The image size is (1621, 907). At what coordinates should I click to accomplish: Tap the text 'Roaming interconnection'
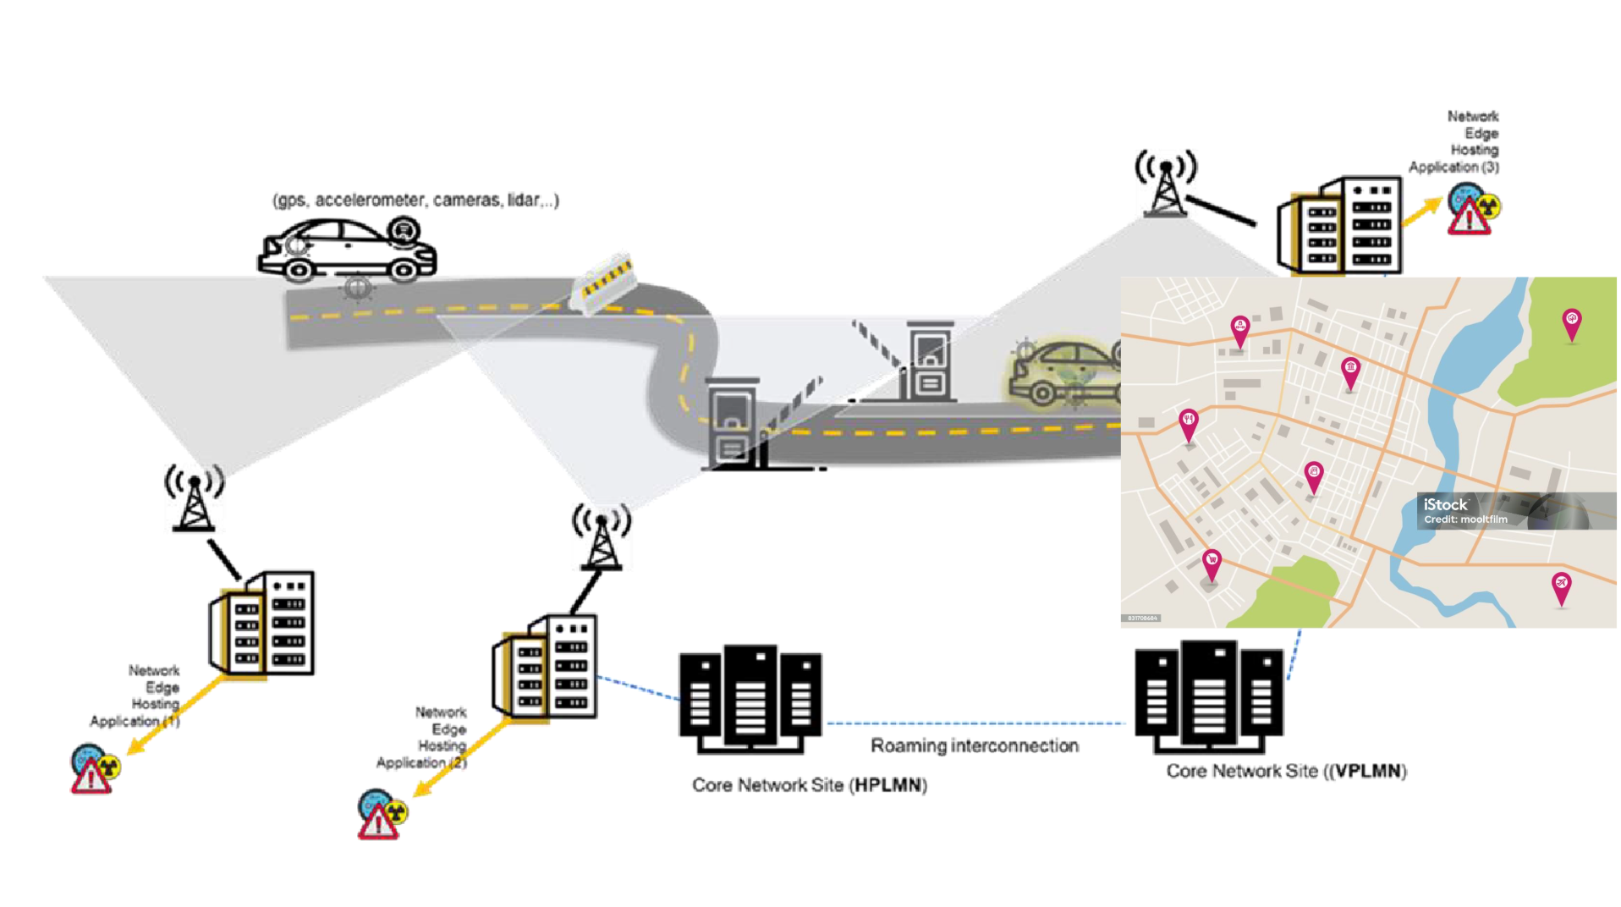[975, 745]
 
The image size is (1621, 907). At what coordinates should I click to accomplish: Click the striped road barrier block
[604, 283]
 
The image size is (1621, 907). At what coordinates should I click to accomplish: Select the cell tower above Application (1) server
[195, 498]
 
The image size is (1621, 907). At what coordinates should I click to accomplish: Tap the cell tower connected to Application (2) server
[602, 536]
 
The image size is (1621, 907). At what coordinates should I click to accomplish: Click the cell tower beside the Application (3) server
[1166, 184]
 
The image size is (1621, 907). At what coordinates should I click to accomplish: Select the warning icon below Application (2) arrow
[382, 814]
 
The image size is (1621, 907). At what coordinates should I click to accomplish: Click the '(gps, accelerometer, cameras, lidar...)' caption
[415, 201]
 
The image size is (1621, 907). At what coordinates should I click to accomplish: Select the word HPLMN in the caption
[887, 785]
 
